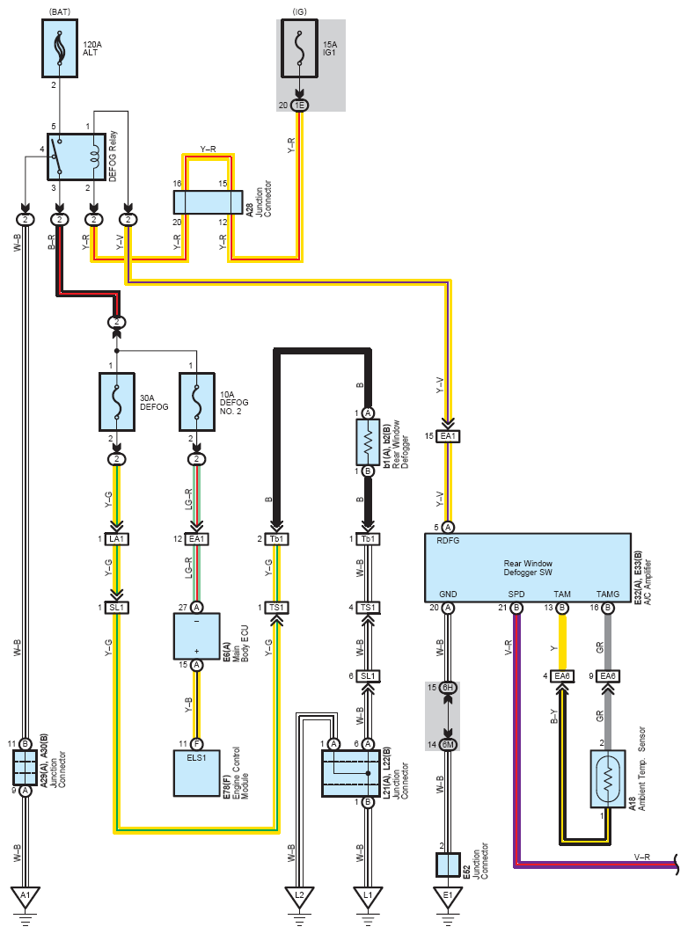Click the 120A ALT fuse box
point(60,50)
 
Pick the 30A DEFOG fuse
point(117,402)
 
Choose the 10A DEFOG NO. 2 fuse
point(197,402)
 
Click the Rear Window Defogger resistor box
point(368,442)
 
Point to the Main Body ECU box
point(197,635)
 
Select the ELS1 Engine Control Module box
point(197,772)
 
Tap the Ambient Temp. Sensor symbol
point(607,778)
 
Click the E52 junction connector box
point(448,864)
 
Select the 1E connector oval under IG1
point(300,106)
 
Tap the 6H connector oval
point(448,687)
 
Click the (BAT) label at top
point(60,11)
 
